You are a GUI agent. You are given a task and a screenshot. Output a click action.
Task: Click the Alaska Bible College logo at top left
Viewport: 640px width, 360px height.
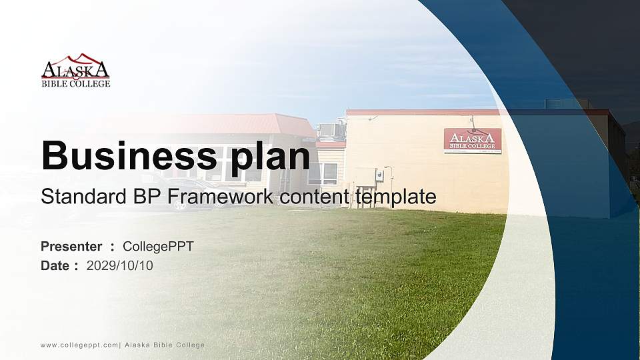click(75, 71)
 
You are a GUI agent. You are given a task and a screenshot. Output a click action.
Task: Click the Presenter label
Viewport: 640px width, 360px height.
click(71, 246)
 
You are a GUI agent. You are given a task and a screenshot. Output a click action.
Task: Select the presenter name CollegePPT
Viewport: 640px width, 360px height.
click(158, 246)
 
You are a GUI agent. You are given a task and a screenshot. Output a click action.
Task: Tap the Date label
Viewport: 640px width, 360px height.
click(55, 265)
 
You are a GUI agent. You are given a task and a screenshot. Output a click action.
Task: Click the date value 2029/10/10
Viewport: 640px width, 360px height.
click(120, 265)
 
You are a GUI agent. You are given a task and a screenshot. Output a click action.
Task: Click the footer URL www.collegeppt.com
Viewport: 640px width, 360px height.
click(79, 345)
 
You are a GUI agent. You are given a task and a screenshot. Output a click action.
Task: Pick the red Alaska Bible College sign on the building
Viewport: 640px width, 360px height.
click(472, 141)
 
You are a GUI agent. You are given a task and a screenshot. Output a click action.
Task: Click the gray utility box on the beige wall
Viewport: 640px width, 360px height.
click(379, 175)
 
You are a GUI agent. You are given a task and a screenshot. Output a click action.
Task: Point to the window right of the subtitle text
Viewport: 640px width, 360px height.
click(323, 173)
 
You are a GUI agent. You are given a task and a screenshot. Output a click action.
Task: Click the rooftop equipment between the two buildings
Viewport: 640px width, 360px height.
click(331, 129)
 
